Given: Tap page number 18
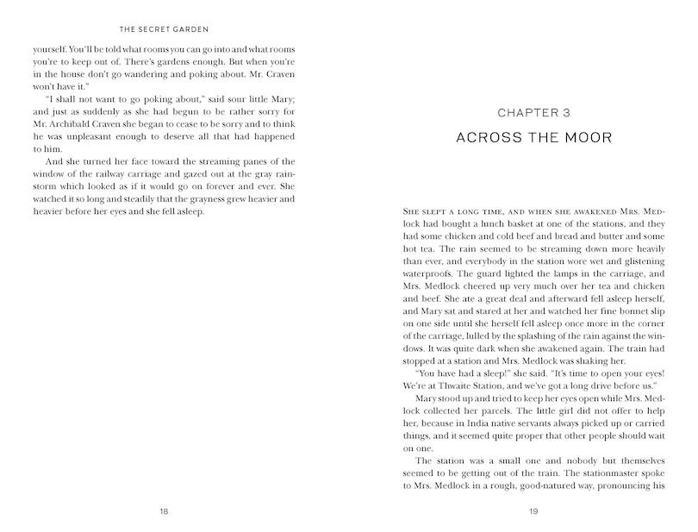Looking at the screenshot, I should [164, 511].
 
